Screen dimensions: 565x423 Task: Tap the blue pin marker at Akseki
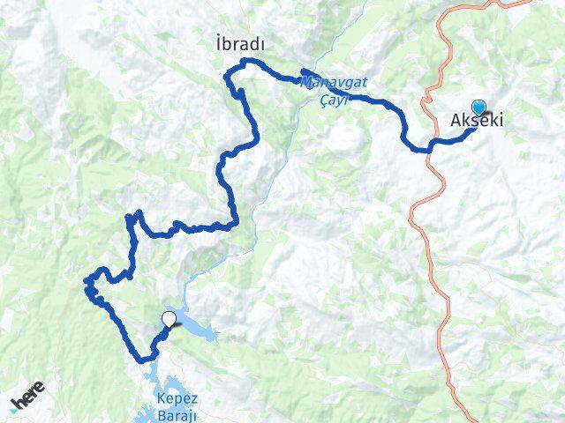tap(478, 106)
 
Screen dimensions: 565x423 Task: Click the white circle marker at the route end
tap(169, 319)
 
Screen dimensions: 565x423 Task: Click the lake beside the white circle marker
tap(199, 331)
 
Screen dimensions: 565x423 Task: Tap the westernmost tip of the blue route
tap(87, 282)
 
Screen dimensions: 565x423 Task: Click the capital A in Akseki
tap(456, 121)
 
